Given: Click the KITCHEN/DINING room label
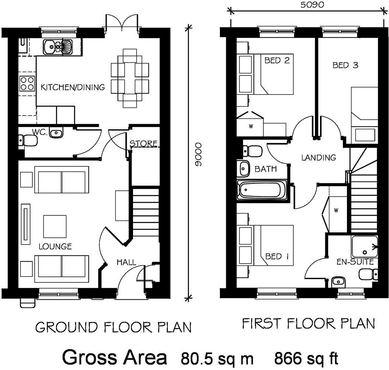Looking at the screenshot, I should coord(73,88).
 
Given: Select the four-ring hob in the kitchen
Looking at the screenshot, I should coord(27,83).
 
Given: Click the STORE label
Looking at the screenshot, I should coord(144,143).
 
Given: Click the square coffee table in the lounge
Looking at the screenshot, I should coord(55,226).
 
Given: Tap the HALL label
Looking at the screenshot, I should coord(126,262).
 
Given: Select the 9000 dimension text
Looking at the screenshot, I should coord(199,154).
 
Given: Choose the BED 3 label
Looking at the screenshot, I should coord(345,66).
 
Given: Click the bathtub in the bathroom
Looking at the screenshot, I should coord(262,190).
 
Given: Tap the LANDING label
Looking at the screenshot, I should coord(319,158).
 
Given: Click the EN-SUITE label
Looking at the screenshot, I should coord(355,262).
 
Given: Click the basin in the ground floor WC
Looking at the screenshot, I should coord(56,133).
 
